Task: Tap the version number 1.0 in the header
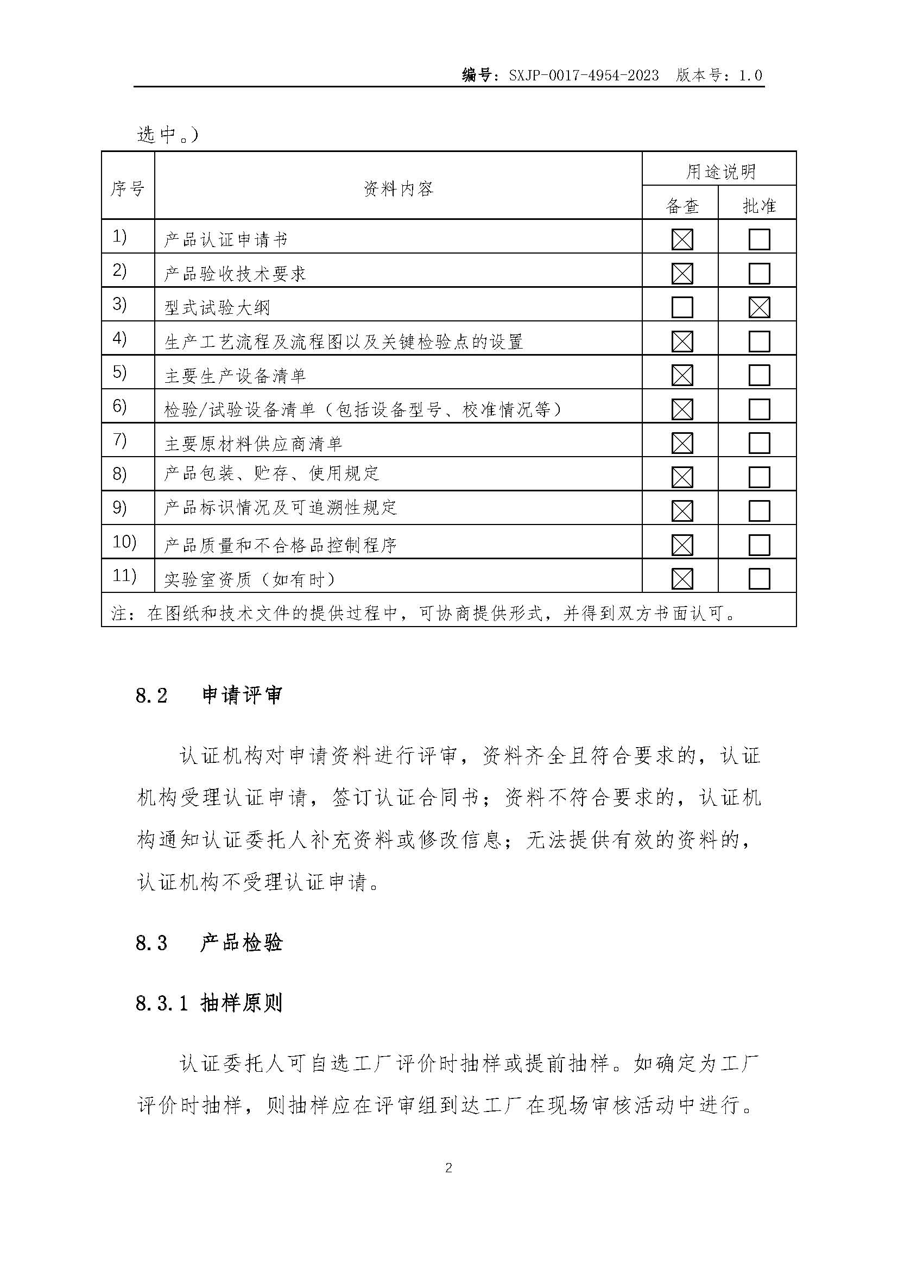750,75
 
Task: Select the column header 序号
128,188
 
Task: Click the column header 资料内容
398,188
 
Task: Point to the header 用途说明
720,172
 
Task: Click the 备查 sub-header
682,206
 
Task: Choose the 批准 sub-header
758,206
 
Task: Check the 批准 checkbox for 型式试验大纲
759,307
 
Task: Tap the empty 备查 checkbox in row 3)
682,307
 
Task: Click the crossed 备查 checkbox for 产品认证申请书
682,239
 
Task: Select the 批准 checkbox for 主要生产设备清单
759,376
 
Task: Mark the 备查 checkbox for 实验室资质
682,579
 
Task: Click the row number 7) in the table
119,440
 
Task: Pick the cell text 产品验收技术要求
235,274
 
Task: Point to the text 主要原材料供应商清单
253,444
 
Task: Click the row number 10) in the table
124,541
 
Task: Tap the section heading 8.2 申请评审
209,696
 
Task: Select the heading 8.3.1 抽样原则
209,1003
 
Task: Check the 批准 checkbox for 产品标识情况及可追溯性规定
759,511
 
